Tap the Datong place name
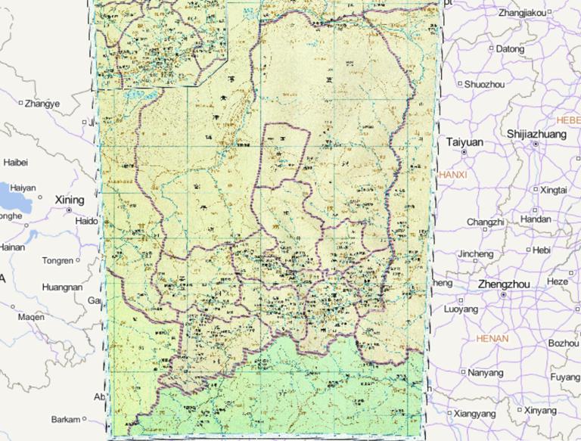510,49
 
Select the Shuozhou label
484,84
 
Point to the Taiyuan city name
464,141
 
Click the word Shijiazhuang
536,134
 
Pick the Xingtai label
553,190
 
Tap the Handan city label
536,219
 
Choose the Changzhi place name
485,222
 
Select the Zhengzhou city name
504,284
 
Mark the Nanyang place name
485,373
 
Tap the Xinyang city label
540,411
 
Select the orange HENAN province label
492,338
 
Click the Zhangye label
42,104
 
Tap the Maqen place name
31,317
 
